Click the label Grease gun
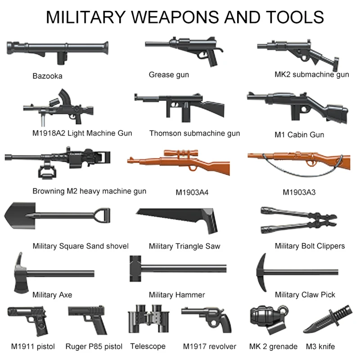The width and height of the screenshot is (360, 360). (x=169, y=75)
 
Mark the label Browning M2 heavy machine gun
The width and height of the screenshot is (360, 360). (x=89, y=191)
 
